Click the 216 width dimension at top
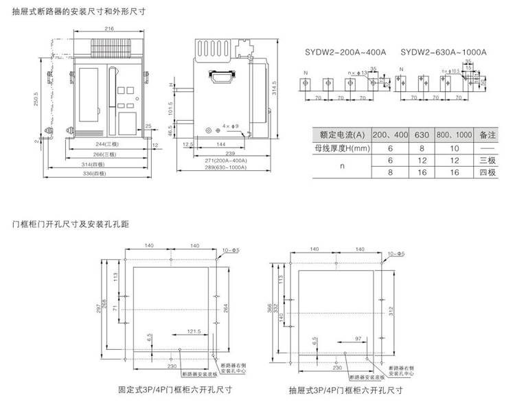point(109,29)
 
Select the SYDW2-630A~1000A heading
point(443,51)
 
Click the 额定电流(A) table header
point(341,134)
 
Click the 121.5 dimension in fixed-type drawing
point(193,331)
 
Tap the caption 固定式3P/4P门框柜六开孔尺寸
point(173,390)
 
